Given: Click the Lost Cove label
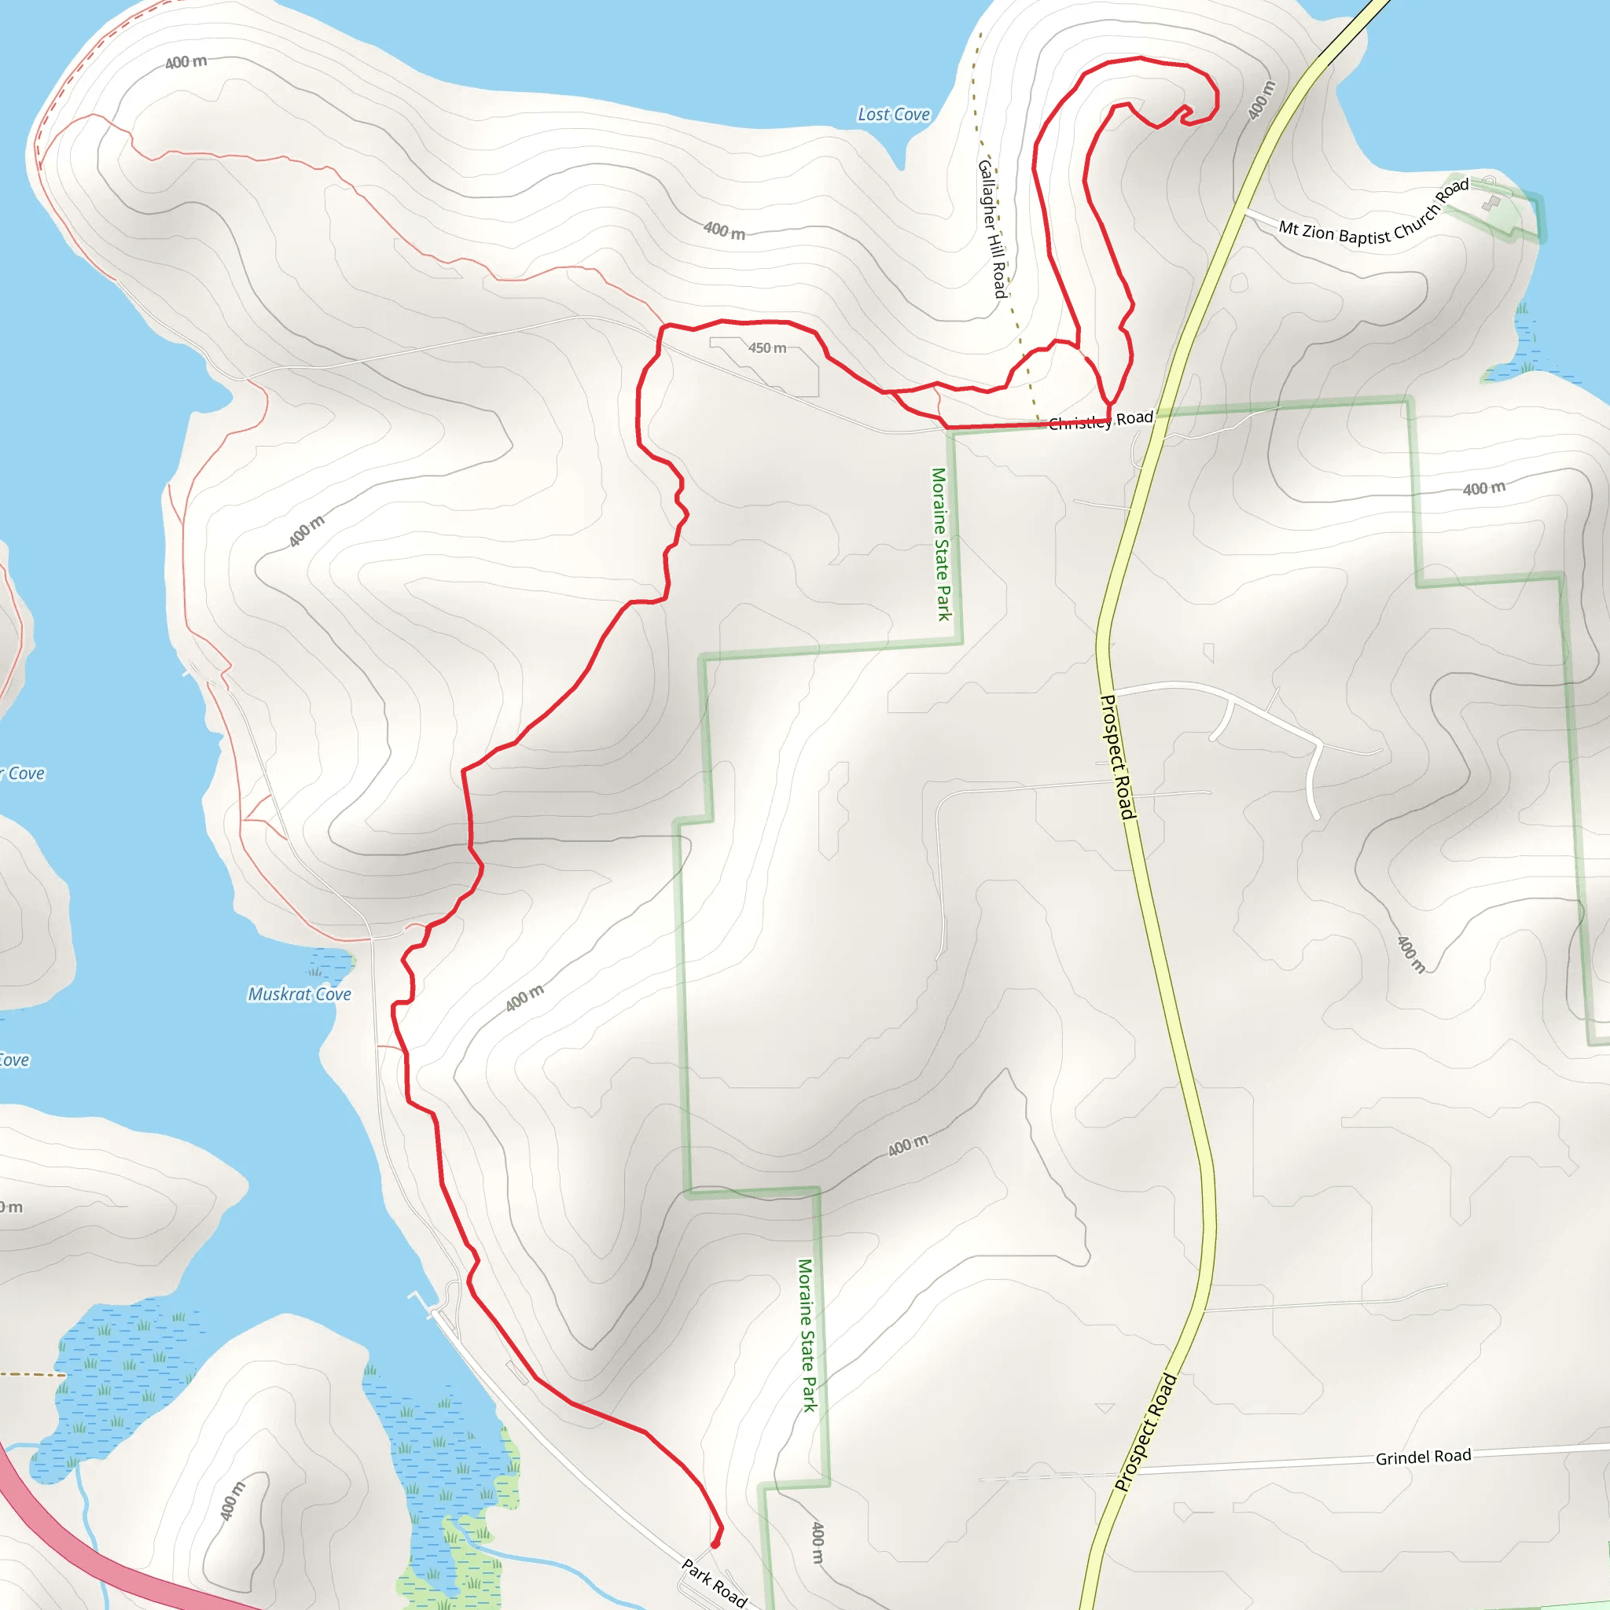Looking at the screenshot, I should pos(893,114).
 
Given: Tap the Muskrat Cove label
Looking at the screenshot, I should pos(300,994).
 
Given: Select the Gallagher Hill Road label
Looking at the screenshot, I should pos(991,227).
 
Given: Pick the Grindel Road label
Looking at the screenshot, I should pos(1424,1457).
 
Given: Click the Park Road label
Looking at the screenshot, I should pos(714,1582).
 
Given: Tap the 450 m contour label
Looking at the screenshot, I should pos(766,347).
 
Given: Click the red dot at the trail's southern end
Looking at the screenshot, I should pos(715,1543).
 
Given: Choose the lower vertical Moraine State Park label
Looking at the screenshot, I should pos(807,1334).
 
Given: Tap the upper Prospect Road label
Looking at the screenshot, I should pos(1118,757).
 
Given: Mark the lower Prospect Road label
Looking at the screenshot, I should pos(1146,1431).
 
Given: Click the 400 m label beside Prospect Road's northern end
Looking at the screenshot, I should pos(1262,100).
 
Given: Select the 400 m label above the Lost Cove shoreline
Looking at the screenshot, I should pos(724,230).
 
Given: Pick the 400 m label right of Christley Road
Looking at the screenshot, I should pos(1484,488).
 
